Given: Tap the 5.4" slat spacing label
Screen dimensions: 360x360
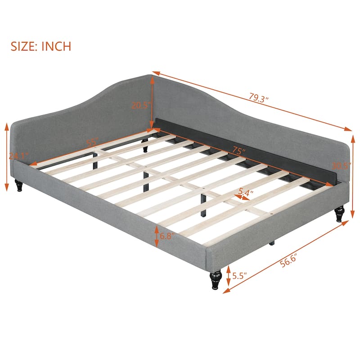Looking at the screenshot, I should [246, 192].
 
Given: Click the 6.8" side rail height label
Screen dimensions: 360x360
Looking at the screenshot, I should [167, 236].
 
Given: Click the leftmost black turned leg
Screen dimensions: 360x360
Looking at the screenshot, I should [19, 185].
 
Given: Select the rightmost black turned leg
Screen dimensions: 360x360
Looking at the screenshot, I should [339, 214].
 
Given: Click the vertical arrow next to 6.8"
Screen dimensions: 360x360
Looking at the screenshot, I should [157, 236].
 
